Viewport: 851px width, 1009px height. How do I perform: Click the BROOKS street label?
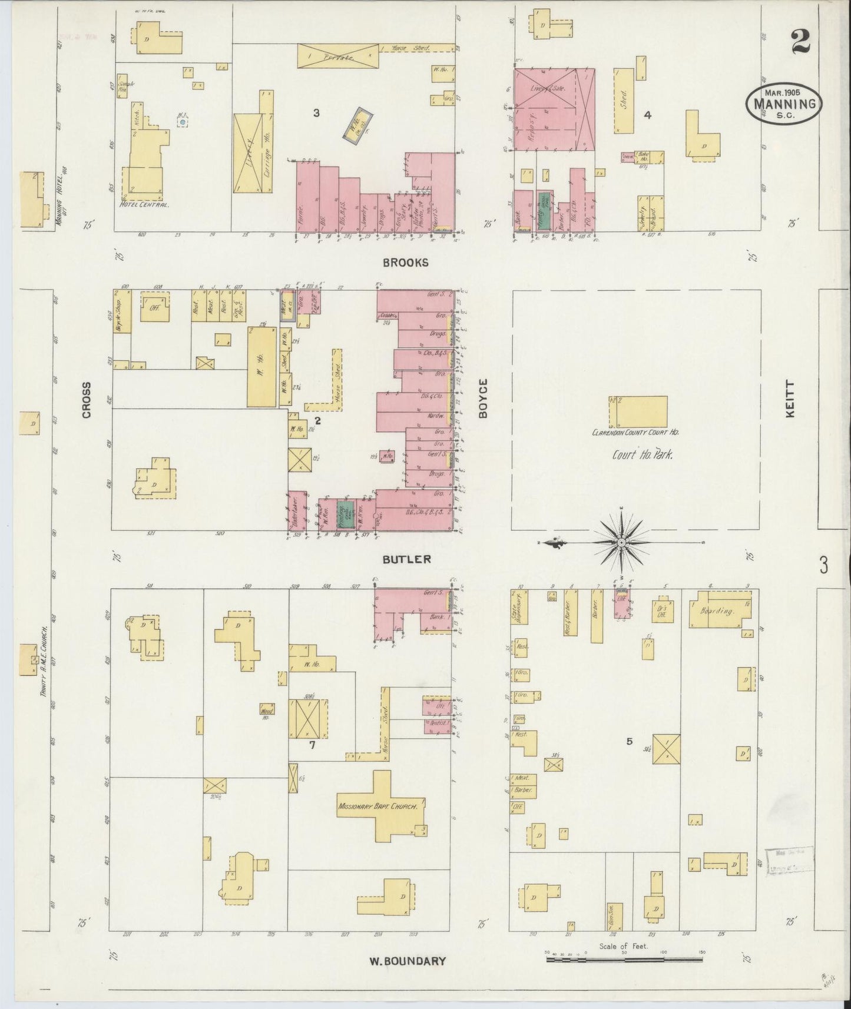coord(406,263)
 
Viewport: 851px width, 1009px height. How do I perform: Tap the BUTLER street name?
coord(406,559)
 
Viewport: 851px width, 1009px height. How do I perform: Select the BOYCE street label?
coord(484,399)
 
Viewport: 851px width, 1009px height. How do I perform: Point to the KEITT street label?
coord(790,399)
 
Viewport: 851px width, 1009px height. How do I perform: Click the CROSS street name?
coord(87,400)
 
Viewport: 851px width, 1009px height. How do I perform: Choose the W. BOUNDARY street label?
coord(407,961)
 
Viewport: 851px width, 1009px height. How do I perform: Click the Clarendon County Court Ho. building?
coord(638,411)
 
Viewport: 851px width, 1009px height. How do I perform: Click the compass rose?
coord(621,541)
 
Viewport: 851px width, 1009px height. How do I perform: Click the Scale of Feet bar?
coord(624,959)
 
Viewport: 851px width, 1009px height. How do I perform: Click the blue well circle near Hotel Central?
coord(183,122)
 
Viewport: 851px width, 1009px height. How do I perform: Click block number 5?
coord(629,742)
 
